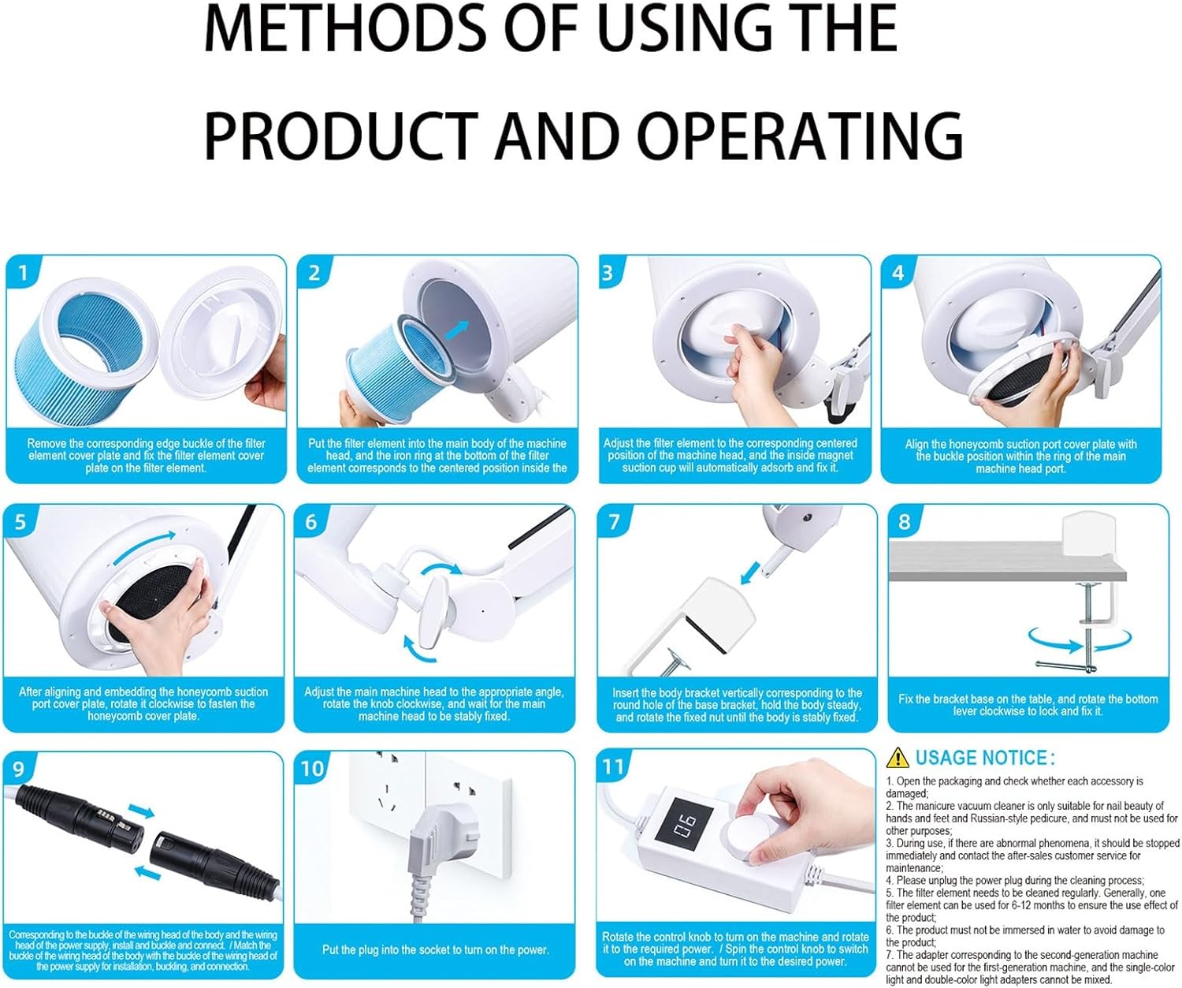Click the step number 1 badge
point(23,273)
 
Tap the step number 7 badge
point(614,521)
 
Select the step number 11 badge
point(614,766)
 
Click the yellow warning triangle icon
point(898,757)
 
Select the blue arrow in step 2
point(457,330)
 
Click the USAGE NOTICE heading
point(985,758)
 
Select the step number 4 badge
point(898,273)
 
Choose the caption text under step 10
point(435,950)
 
